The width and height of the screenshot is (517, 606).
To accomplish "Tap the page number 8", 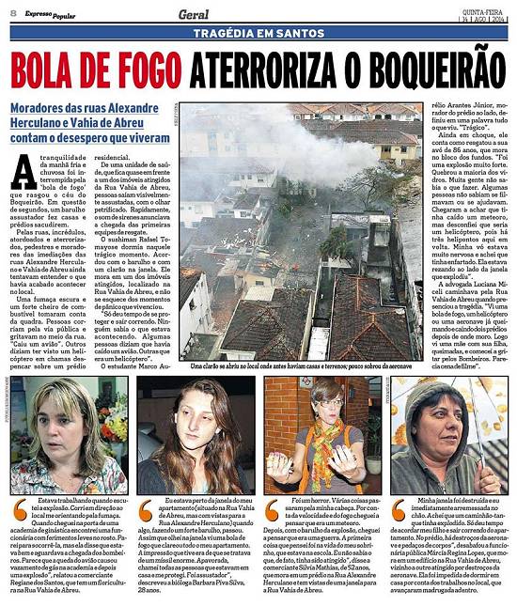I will tap(12, 12).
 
